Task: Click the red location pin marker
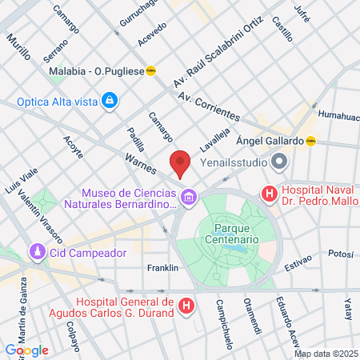coord(180,162)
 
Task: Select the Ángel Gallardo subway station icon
coord(311,141)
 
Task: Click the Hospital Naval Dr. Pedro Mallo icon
coord(270,193)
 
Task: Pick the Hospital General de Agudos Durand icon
coord(186,305)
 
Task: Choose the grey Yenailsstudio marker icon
coord(279,162)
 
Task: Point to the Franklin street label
coord(162,268)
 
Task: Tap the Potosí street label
coord(340,254)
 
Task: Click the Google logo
coord(26,350)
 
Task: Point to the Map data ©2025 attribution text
coord(326,354)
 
